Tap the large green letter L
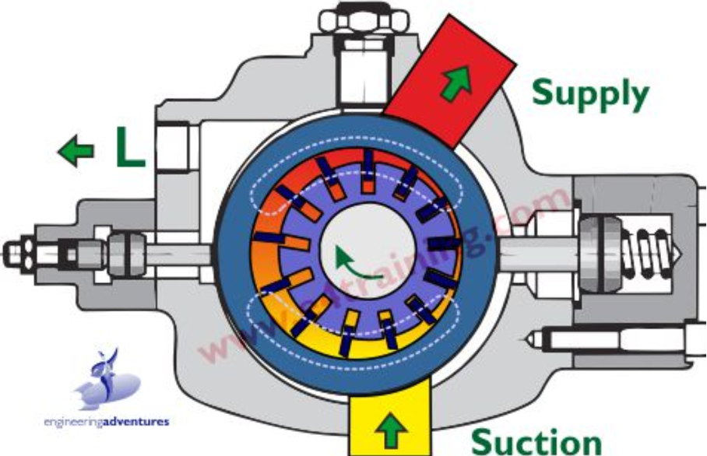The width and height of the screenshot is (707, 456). tap(130, 148)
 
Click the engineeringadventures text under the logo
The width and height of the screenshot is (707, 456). tap(106, 423)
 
